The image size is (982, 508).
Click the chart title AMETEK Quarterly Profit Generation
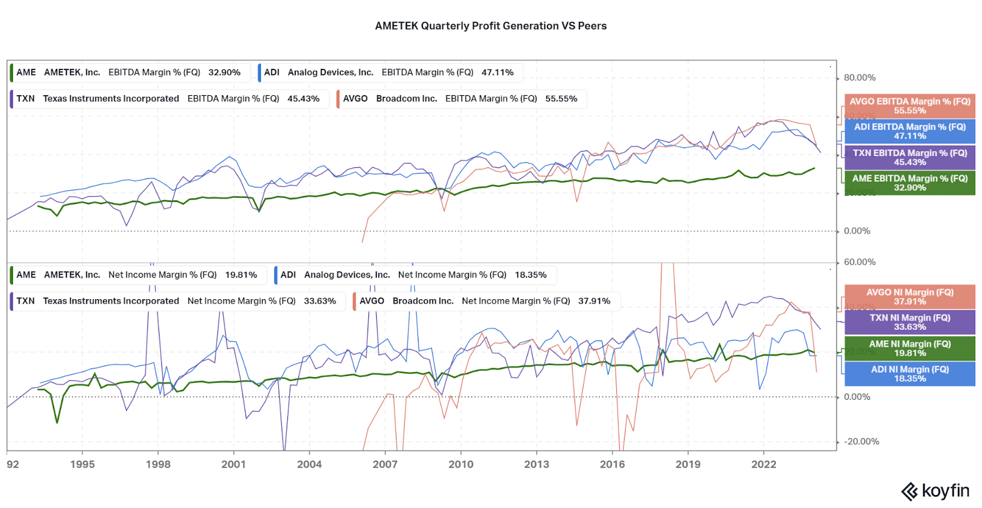490,26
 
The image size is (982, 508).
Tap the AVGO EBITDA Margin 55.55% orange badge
910,106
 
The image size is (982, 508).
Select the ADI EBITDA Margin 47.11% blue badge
910,131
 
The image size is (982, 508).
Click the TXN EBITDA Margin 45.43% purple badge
910,157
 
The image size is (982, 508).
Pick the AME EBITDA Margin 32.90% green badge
910,183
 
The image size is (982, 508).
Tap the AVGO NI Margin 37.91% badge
910,297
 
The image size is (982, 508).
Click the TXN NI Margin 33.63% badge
910,322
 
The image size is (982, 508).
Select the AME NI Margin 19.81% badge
910,348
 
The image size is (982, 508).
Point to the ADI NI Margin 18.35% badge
910,373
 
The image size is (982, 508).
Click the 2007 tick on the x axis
385,464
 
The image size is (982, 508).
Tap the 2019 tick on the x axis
688,464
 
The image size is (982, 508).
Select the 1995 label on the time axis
82,464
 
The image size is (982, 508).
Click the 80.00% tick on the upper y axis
859,77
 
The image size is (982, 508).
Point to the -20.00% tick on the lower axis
861,442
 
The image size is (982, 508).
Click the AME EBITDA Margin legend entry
129,72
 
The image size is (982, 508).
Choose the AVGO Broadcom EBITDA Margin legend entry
461,99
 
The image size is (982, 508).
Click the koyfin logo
935,491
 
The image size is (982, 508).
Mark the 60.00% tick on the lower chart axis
859,262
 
